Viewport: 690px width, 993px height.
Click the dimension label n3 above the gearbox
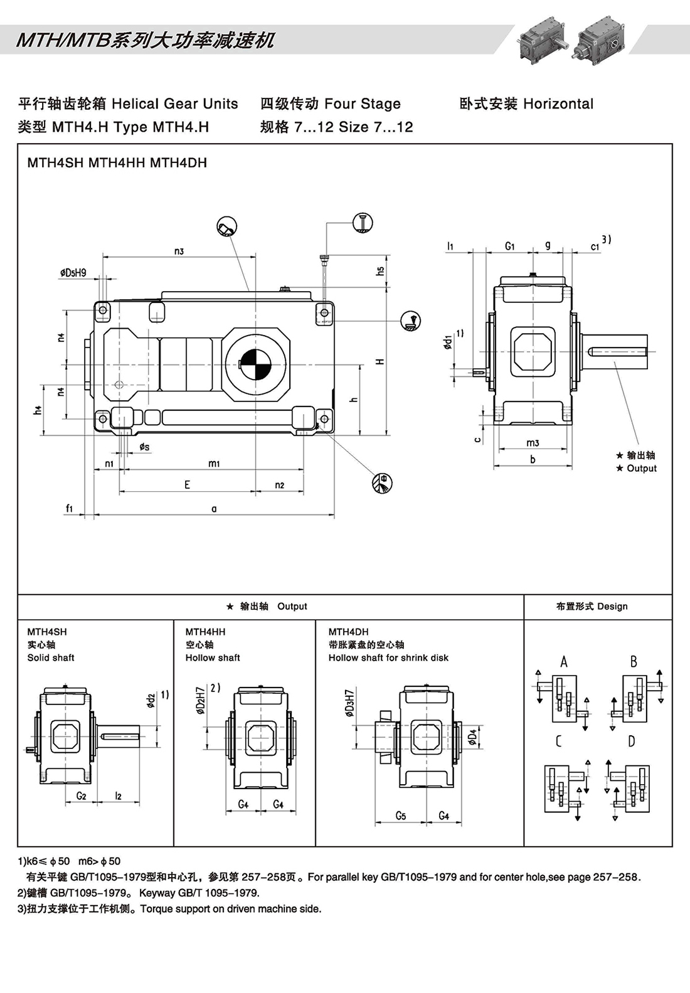point(179,251)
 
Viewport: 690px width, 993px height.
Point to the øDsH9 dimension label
point(73,272)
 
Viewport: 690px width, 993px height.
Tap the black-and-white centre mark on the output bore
point(255,363)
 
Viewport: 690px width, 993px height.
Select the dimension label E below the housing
point(187,484)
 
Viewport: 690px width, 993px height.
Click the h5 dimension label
point(380,271)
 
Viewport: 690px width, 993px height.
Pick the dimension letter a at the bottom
point(214,509)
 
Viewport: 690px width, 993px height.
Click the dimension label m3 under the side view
point(533,443)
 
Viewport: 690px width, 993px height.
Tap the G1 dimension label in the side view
point(509,247)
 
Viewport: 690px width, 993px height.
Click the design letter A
point(564,661)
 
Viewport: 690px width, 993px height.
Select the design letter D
point(631,741)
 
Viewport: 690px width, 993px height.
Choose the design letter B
point(634,661)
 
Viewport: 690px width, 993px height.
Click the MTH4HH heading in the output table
point(205,632)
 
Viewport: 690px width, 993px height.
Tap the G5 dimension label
point(401,815)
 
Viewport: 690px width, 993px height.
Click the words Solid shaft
point(51,657)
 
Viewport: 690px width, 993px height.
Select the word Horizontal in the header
point(558,104)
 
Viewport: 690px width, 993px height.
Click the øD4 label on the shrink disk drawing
point(472,736)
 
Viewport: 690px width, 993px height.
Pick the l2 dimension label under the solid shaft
point(118,796)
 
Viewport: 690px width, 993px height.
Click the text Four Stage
point(362,104)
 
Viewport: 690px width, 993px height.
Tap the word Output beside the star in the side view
point(642,468)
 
